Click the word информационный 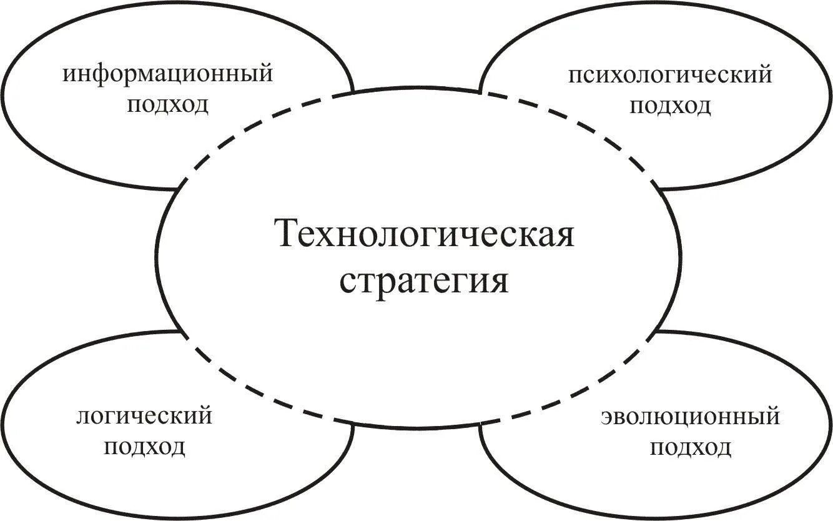[168, 74]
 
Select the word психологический [670, 76]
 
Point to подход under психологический [670, 106]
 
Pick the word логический [144, 416]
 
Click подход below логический [144, 447]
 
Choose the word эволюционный [690, 417]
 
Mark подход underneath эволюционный [690, 448]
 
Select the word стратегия [424, 281]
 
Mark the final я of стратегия [499, 281]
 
